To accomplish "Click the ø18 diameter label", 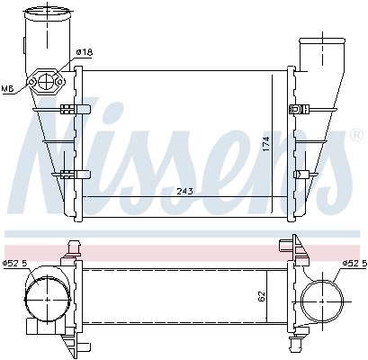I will pos(84,52).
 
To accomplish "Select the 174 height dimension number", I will pos(265,145).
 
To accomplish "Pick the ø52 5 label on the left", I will pos(16,263).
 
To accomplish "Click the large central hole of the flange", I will pos(46,83).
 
